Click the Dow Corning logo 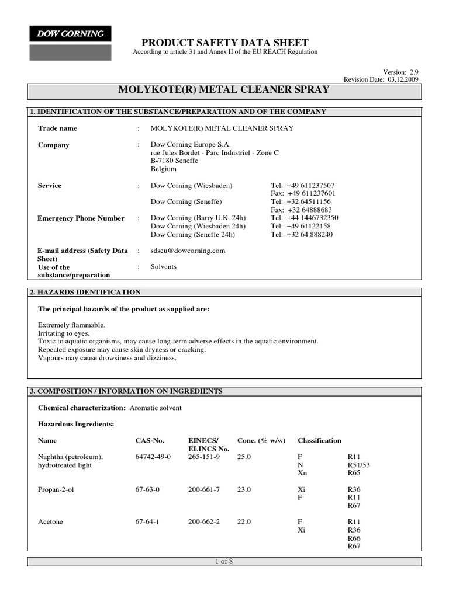(70, 34)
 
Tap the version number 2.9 (413, 71)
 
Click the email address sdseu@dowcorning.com (188, 251)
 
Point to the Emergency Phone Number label (81, 218)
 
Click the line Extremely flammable (71, 325)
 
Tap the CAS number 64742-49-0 (153, 457)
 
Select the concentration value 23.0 (244, 489)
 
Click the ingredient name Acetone (51, 522)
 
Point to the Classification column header (319, 440)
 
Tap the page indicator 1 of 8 (224, 561)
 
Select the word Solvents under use (164, 267)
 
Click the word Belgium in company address (164, 169)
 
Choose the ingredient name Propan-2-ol (56, 489)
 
